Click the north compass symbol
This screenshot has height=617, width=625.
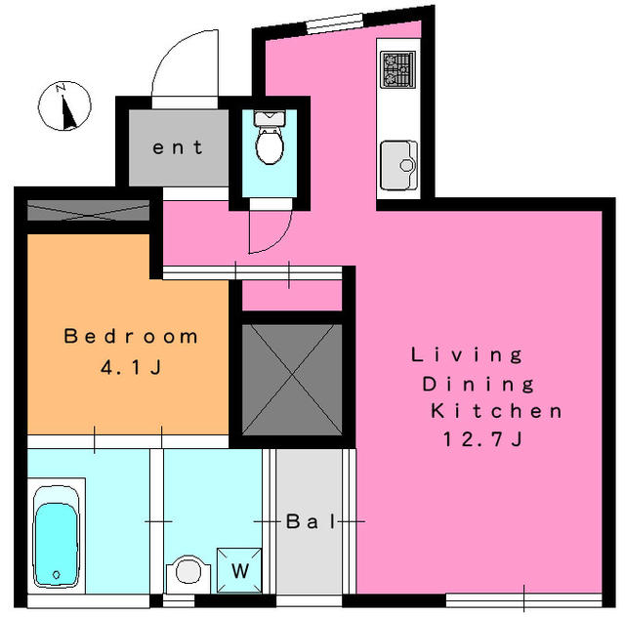(x=64, y=106)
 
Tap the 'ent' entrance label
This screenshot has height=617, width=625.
(x=178, y=147)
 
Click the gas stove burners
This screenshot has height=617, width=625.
(x=397, y=69)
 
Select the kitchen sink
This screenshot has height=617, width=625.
(x=398, y=165)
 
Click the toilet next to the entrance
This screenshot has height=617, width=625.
(x=270, y=138)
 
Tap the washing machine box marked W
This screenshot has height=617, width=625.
(x=239, y=570)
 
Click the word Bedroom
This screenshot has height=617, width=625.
(x=131, y=337)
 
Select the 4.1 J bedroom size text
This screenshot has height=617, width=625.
(x=131, y=367)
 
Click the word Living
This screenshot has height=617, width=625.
(x=467, y=354)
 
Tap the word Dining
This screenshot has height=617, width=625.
(x=478, y=385)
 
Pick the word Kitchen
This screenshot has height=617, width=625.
(x=496, y=411)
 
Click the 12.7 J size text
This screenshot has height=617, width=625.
(x=482, y=439)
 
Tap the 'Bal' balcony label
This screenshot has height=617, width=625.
(x=312, y=521)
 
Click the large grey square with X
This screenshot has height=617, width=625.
(x=292, y=380)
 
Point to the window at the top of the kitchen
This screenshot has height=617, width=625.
(x=334, y=23)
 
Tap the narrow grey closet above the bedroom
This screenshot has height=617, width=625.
(x=88, y=210)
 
